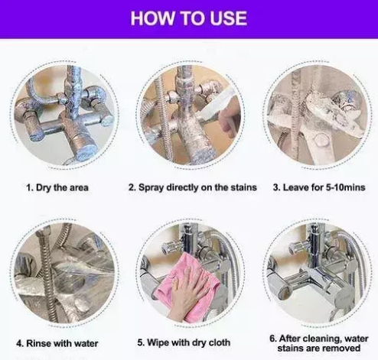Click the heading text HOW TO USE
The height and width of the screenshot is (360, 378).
click(189, 18)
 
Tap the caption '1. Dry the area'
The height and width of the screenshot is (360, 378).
click(57, 188)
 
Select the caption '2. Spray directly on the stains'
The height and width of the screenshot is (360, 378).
click(193, 187)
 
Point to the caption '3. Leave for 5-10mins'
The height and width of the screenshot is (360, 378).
click(319, 187)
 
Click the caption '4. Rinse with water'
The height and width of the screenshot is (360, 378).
click(57, 343)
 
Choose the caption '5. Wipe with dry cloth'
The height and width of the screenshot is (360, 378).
click(184, 342)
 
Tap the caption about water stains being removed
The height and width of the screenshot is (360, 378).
click(319, 343)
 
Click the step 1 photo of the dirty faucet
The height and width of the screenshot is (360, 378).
click(64, 115)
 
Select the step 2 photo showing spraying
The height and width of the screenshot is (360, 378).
click(190, 115)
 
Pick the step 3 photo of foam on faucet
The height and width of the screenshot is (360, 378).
click(317, 115)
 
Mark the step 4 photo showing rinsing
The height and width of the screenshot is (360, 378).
click(64, 273)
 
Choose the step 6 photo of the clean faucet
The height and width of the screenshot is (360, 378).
click(317, 273)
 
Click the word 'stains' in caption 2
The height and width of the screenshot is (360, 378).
click(243, 187)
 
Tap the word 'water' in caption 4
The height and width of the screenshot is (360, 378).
click(86, 343)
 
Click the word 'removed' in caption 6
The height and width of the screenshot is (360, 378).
click(344, 348)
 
